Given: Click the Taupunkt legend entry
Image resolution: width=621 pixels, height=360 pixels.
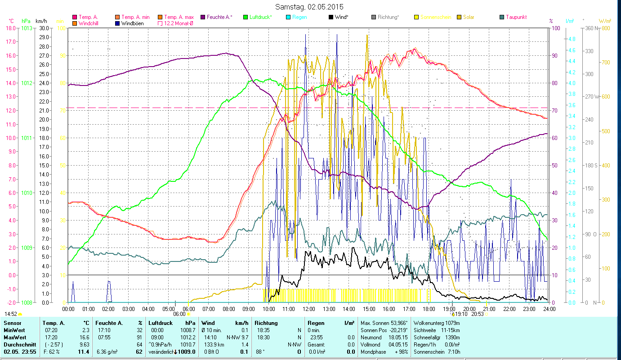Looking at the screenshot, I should point(516,17).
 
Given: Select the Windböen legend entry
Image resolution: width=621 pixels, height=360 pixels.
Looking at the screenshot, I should point(132,23).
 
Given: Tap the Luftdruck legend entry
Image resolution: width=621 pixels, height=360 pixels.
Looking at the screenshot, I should point(261,17).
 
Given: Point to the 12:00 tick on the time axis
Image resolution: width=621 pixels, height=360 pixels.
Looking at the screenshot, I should point(309,309).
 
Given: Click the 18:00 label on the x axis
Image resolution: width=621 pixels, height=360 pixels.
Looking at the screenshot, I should point(429,309).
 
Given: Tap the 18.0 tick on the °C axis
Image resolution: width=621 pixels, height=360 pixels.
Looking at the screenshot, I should point(10,28).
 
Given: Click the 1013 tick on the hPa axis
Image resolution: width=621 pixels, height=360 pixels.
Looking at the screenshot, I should point(27,28).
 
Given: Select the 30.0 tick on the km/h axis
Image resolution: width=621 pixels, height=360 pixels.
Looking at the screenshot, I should point(44,28).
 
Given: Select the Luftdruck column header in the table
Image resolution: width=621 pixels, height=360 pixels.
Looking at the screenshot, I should point(161,323).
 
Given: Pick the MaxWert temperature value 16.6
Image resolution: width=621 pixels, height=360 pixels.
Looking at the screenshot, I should point(84,337).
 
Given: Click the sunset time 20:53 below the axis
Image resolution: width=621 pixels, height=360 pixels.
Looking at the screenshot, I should point(477,314).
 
